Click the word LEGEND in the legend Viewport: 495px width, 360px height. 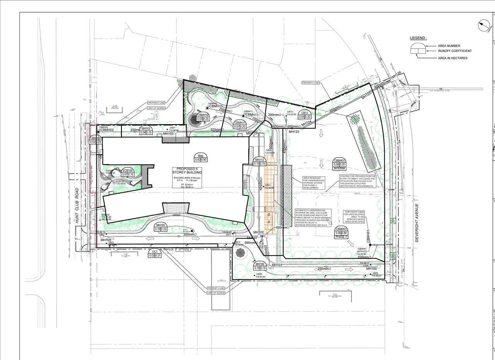click(x=418, y=38)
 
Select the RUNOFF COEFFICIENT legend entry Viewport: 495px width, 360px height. click(x=455, y=51)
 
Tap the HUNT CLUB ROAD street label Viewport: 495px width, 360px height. click(x=77, y=205)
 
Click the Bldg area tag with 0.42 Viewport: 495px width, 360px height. click(x=200, y=157)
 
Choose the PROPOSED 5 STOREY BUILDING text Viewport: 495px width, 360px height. click(x=189, y=171)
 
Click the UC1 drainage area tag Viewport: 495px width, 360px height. click(x=155, y=253)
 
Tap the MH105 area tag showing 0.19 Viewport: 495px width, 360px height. click(x=160, y=227)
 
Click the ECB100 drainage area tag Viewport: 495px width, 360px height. click(x=128, y=172)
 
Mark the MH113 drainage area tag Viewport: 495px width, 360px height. click(x=259, y=162)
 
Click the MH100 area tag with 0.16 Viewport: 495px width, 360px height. click(x=259, y=266)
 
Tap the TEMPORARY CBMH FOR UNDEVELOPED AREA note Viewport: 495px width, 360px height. click(x=354, y=217)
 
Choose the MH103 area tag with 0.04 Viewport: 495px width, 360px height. click(x=145, y=131)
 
